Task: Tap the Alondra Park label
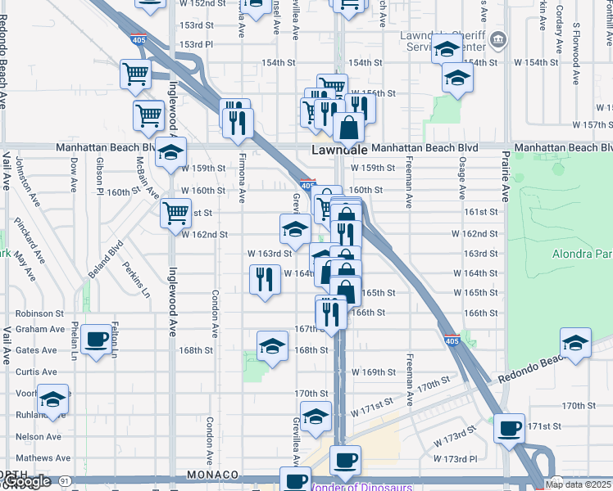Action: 583,254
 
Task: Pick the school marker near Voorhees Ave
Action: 53,399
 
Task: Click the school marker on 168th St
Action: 272,347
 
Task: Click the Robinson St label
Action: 39,313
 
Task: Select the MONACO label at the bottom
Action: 211,475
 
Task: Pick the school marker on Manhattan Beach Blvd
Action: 171,152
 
